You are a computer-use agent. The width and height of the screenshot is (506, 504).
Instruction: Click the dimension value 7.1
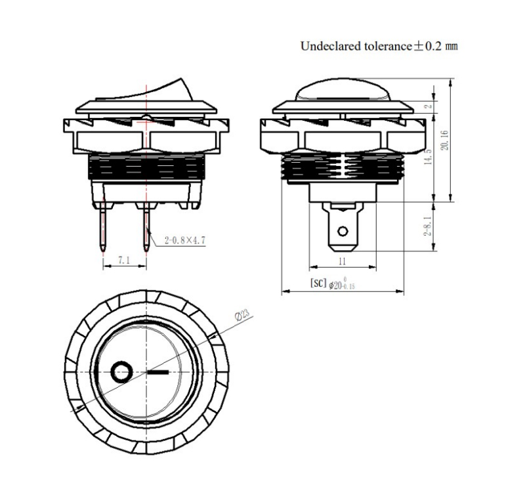(124, 261)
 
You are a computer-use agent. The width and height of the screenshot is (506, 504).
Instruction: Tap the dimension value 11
(342, 261)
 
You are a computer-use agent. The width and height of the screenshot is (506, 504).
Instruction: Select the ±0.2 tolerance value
(427, 47)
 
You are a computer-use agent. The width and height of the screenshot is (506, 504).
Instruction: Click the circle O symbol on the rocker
(121, 373)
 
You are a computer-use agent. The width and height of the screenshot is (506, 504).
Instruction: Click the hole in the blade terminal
(342, 231)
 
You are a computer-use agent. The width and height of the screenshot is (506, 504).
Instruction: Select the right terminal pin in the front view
(145, 227)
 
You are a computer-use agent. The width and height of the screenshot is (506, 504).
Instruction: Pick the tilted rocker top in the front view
(161, 91)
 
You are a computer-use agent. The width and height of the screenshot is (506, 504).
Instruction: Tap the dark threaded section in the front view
(145, 168)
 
